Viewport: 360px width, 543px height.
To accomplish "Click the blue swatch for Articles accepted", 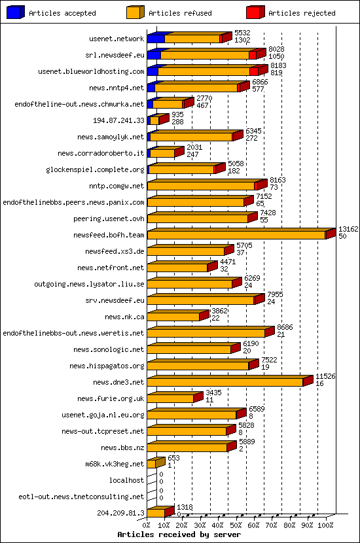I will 16,12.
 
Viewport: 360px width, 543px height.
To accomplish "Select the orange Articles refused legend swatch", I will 135,12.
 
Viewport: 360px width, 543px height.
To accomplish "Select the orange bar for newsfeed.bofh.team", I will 236,235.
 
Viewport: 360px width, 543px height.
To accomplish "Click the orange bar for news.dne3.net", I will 225,382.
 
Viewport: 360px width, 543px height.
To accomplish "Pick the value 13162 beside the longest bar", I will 348,229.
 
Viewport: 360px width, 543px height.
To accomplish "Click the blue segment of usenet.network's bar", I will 156,39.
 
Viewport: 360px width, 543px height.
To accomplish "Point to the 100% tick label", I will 326,525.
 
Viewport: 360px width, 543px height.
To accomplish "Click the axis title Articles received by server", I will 179,534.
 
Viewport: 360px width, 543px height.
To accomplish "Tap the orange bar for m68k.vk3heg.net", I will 151,464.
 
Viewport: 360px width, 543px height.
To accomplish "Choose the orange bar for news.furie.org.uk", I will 170,398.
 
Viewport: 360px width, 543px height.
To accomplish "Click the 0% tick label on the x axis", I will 147,525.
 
